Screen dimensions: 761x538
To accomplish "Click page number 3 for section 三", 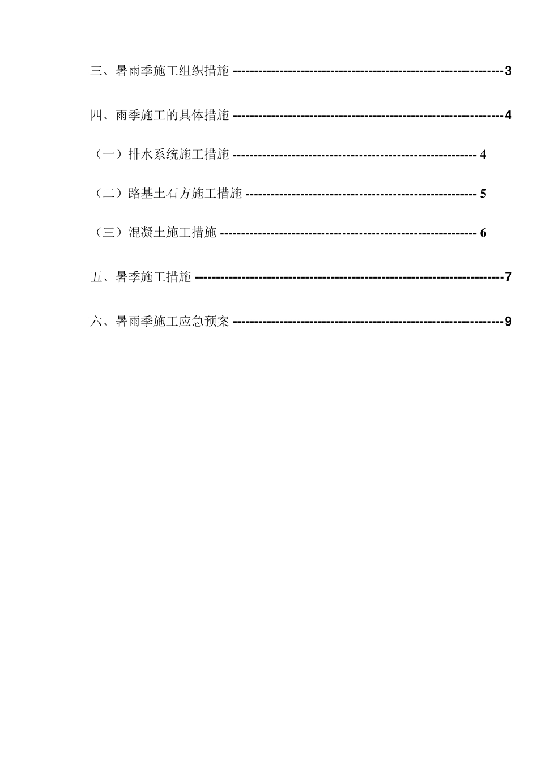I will point(508,71).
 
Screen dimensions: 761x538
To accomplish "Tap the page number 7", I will point(508,277).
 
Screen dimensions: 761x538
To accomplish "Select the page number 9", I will point(508,322).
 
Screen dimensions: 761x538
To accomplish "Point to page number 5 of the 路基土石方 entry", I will point(483,194).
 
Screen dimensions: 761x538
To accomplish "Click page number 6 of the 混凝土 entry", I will point(483,233).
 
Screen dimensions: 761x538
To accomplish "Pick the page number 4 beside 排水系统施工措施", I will point(483,155).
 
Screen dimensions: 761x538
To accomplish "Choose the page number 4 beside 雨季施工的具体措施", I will point(508,116).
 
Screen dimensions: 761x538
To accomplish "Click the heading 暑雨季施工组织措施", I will point(172,71).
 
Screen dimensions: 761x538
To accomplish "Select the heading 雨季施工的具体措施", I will point(172,116).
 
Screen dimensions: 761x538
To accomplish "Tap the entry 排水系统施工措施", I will point(178,155).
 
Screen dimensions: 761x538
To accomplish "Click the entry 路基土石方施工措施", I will point(185,194).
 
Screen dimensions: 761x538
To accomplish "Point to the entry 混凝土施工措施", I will point(172,233).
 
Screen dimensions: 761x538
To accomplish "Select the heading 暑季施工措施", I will point(153,277).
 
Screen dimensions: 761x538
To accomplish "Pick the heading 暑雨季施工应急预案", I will point(172,322).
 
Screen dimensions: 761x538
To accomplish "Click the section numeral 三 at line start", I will point(96,71).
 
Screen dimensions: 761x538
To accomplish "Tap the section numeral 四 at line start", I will point(96,116).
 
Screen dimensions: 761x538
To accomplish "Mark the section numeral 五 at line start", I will point(96,277).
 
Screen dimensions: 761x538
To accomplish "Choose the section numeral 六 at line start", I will point(96,322).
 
